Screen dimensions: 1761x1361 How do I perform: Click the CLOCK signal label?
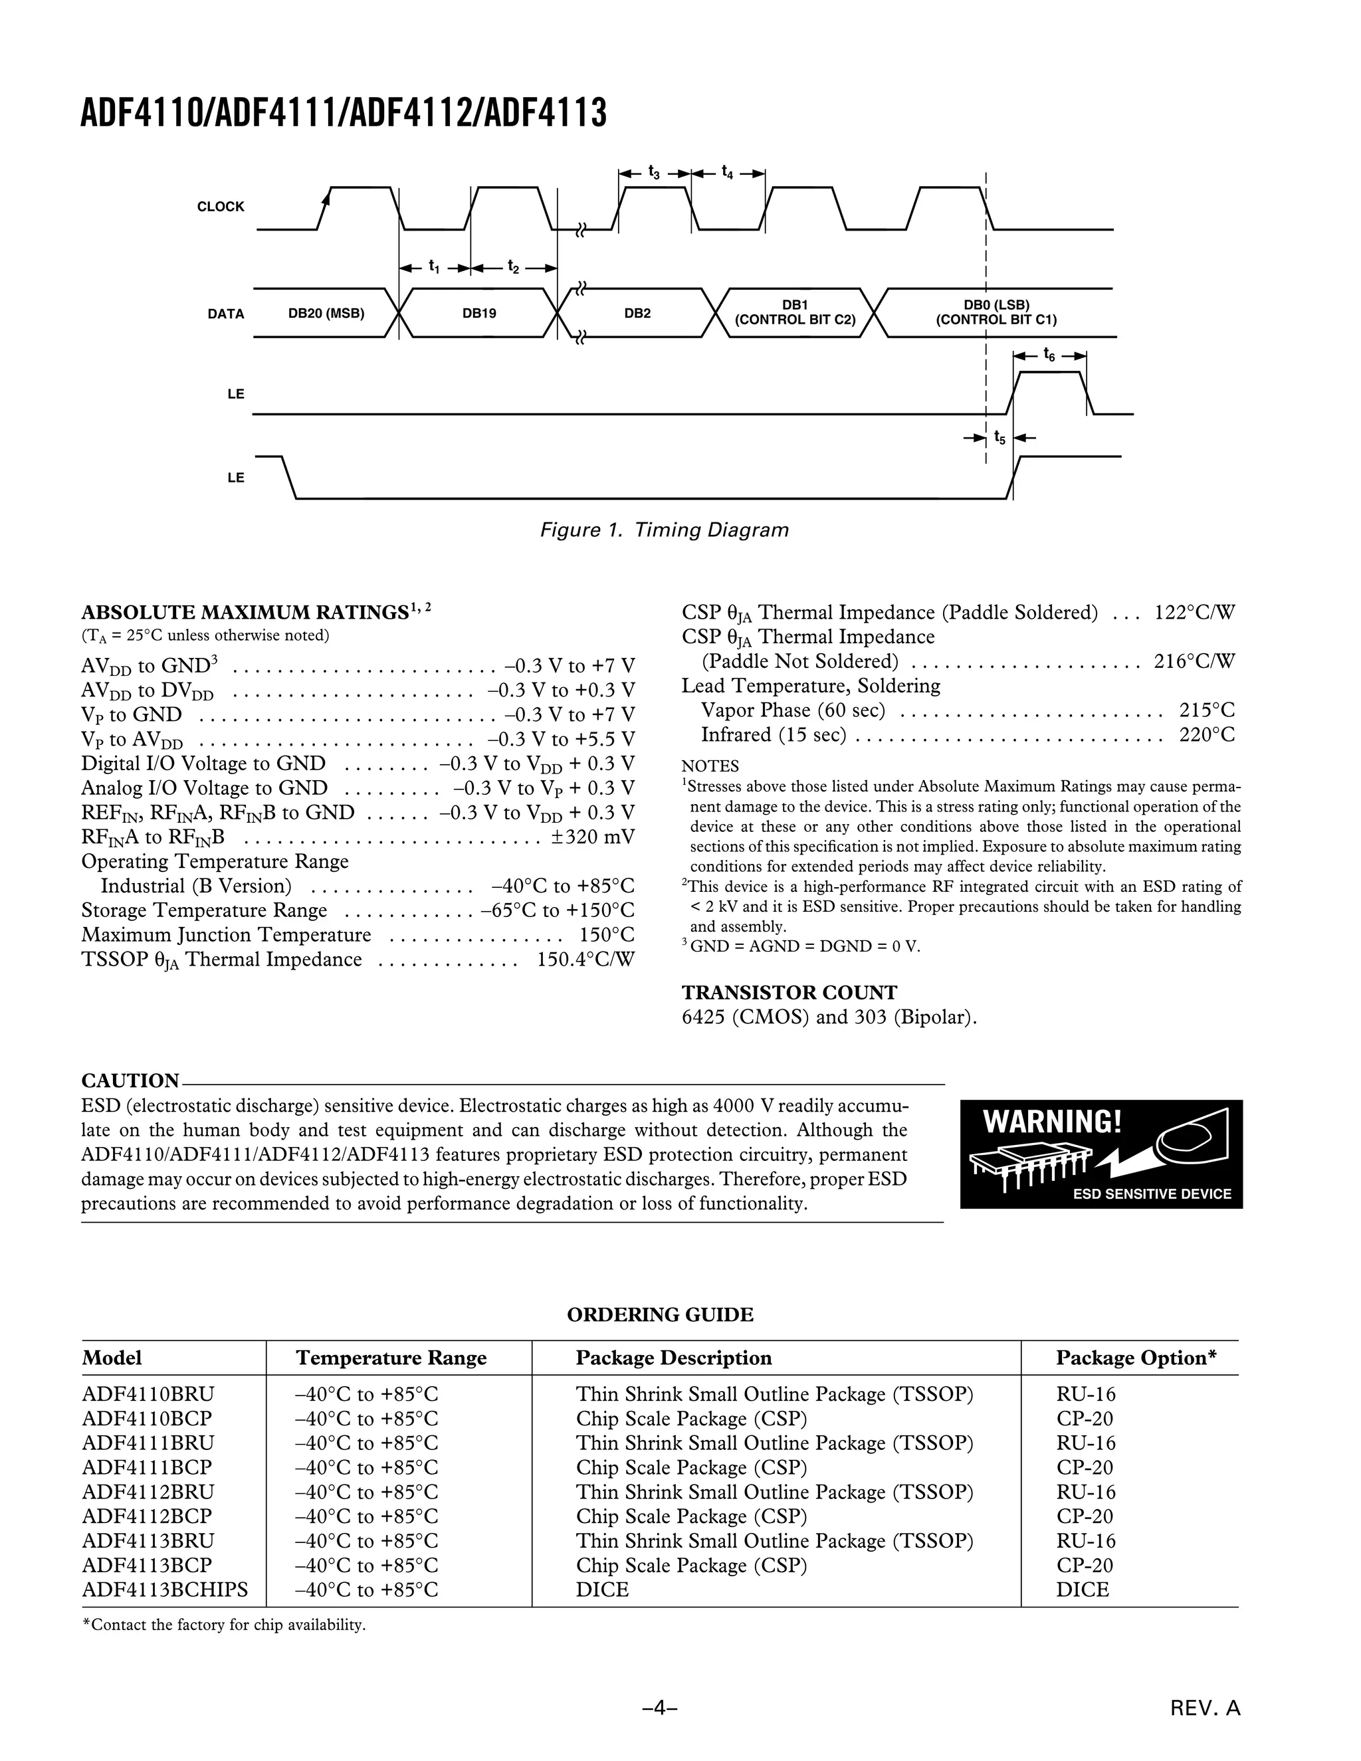tap(220, 207)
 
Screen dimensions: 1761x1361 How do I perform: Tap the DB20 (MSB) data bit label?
tap(326, 313)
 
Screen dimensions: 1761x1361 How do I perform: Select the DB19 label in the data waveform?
tap(479, 313)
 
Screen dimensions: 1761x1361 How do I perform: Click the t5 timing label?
tap(999, 438)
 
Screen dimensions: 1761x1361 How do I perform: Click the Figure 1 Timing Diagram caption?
tap(664, 530)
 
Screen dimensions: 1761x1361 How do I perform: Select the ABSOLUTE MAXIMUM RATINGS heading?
tap(245, 612)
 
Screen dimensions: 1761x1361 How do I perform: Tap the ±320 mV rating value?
tap(593, 837)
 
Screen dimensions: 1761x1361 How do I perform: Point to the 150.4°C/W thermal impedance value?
tap(585, 960)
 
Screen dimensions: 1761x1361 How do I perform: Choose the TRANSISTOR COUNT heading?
tap(789, 993)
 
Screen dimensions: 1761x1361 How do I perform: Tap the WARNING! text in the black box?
tap(1052, 1122)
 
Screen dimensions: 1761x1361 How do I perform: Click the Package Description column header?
tap(673, 1358)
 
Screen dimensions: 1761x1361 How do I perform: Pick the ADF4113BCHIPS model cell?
tap(165, 1590)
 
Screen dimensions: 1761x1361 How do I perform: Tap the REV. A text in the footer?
tap(1205, 1708)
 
